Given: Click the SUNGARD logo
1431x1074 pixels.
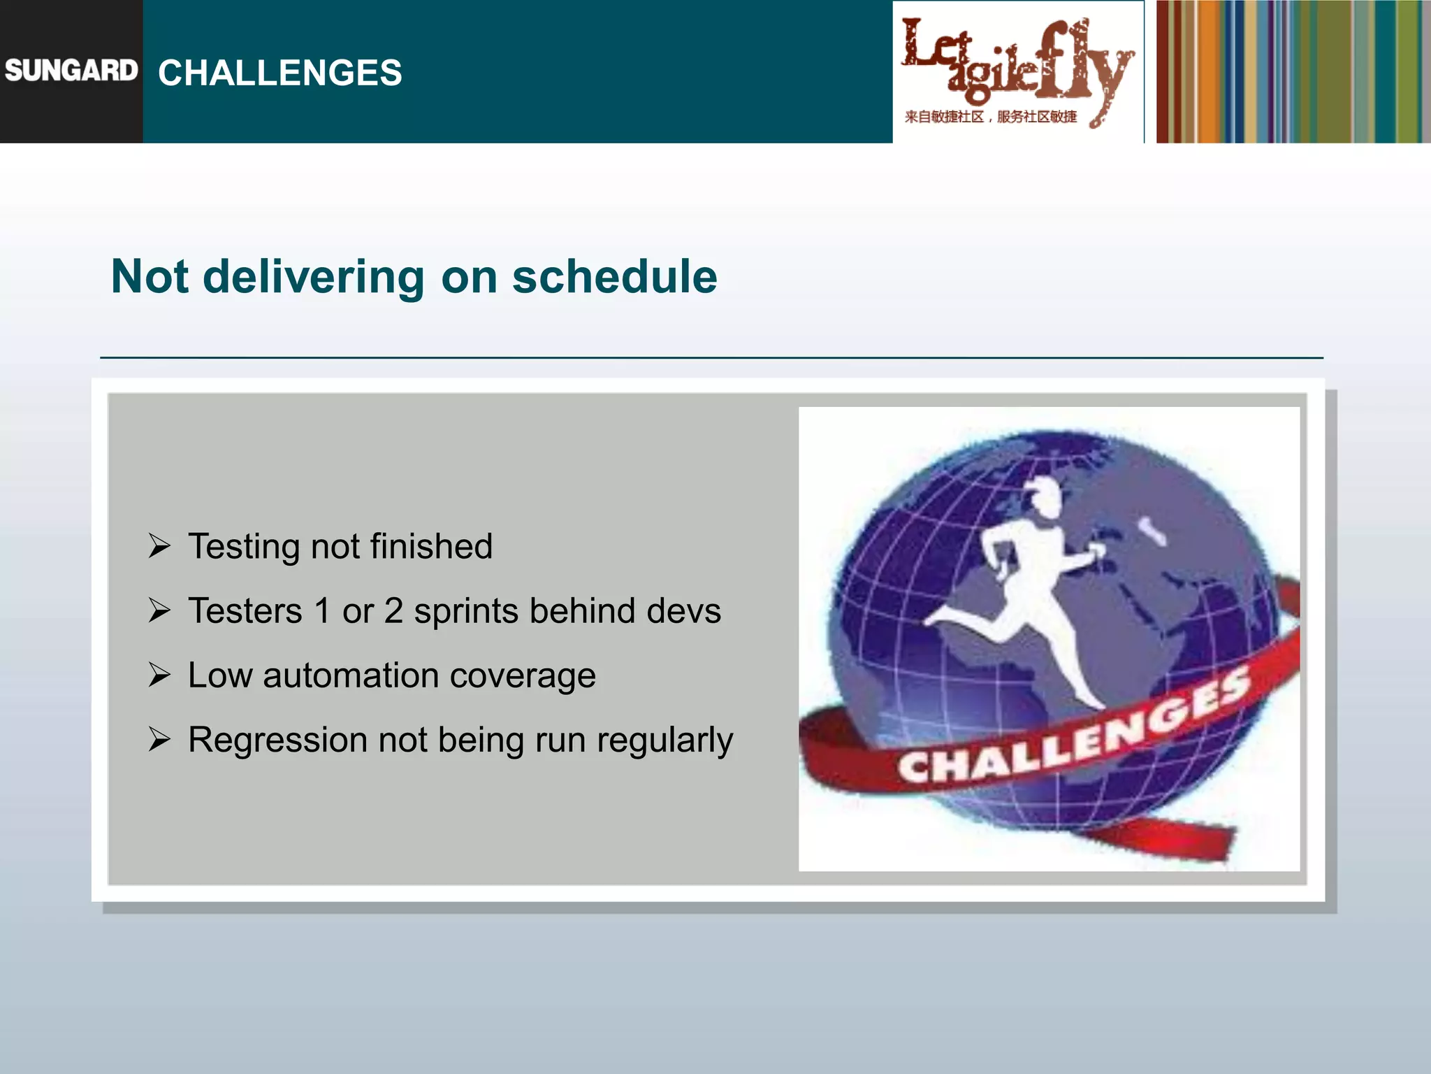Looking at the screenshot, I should [x=71, y=71].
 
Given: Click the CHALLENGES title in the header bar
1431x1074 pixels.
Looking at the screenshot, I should [x=279, y=73].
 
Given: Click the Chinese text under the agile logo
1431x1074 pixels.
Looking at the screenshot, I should [x=990, y=117].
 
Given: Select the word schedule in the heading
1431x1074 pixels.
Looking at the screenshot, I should [x=614, y=277].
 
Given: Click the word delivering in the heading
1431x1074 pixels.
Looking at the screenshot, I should [x=313, y=277].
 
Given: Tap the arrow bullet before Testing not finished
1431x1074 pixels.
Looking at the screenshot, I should [x=159, y=545].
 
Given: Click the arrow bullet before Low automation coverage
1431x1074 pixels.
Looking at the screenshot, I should [x=159, y=675].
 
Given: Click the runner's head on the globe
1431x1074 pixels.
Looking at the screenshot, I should [x=1044, y=498].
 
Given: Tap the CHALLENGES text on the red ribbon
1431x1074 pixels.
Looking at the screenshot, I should [x=1073, y=728].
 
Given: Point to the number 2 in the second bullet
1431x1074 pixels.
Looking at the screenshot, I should [x=393, y=610].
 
